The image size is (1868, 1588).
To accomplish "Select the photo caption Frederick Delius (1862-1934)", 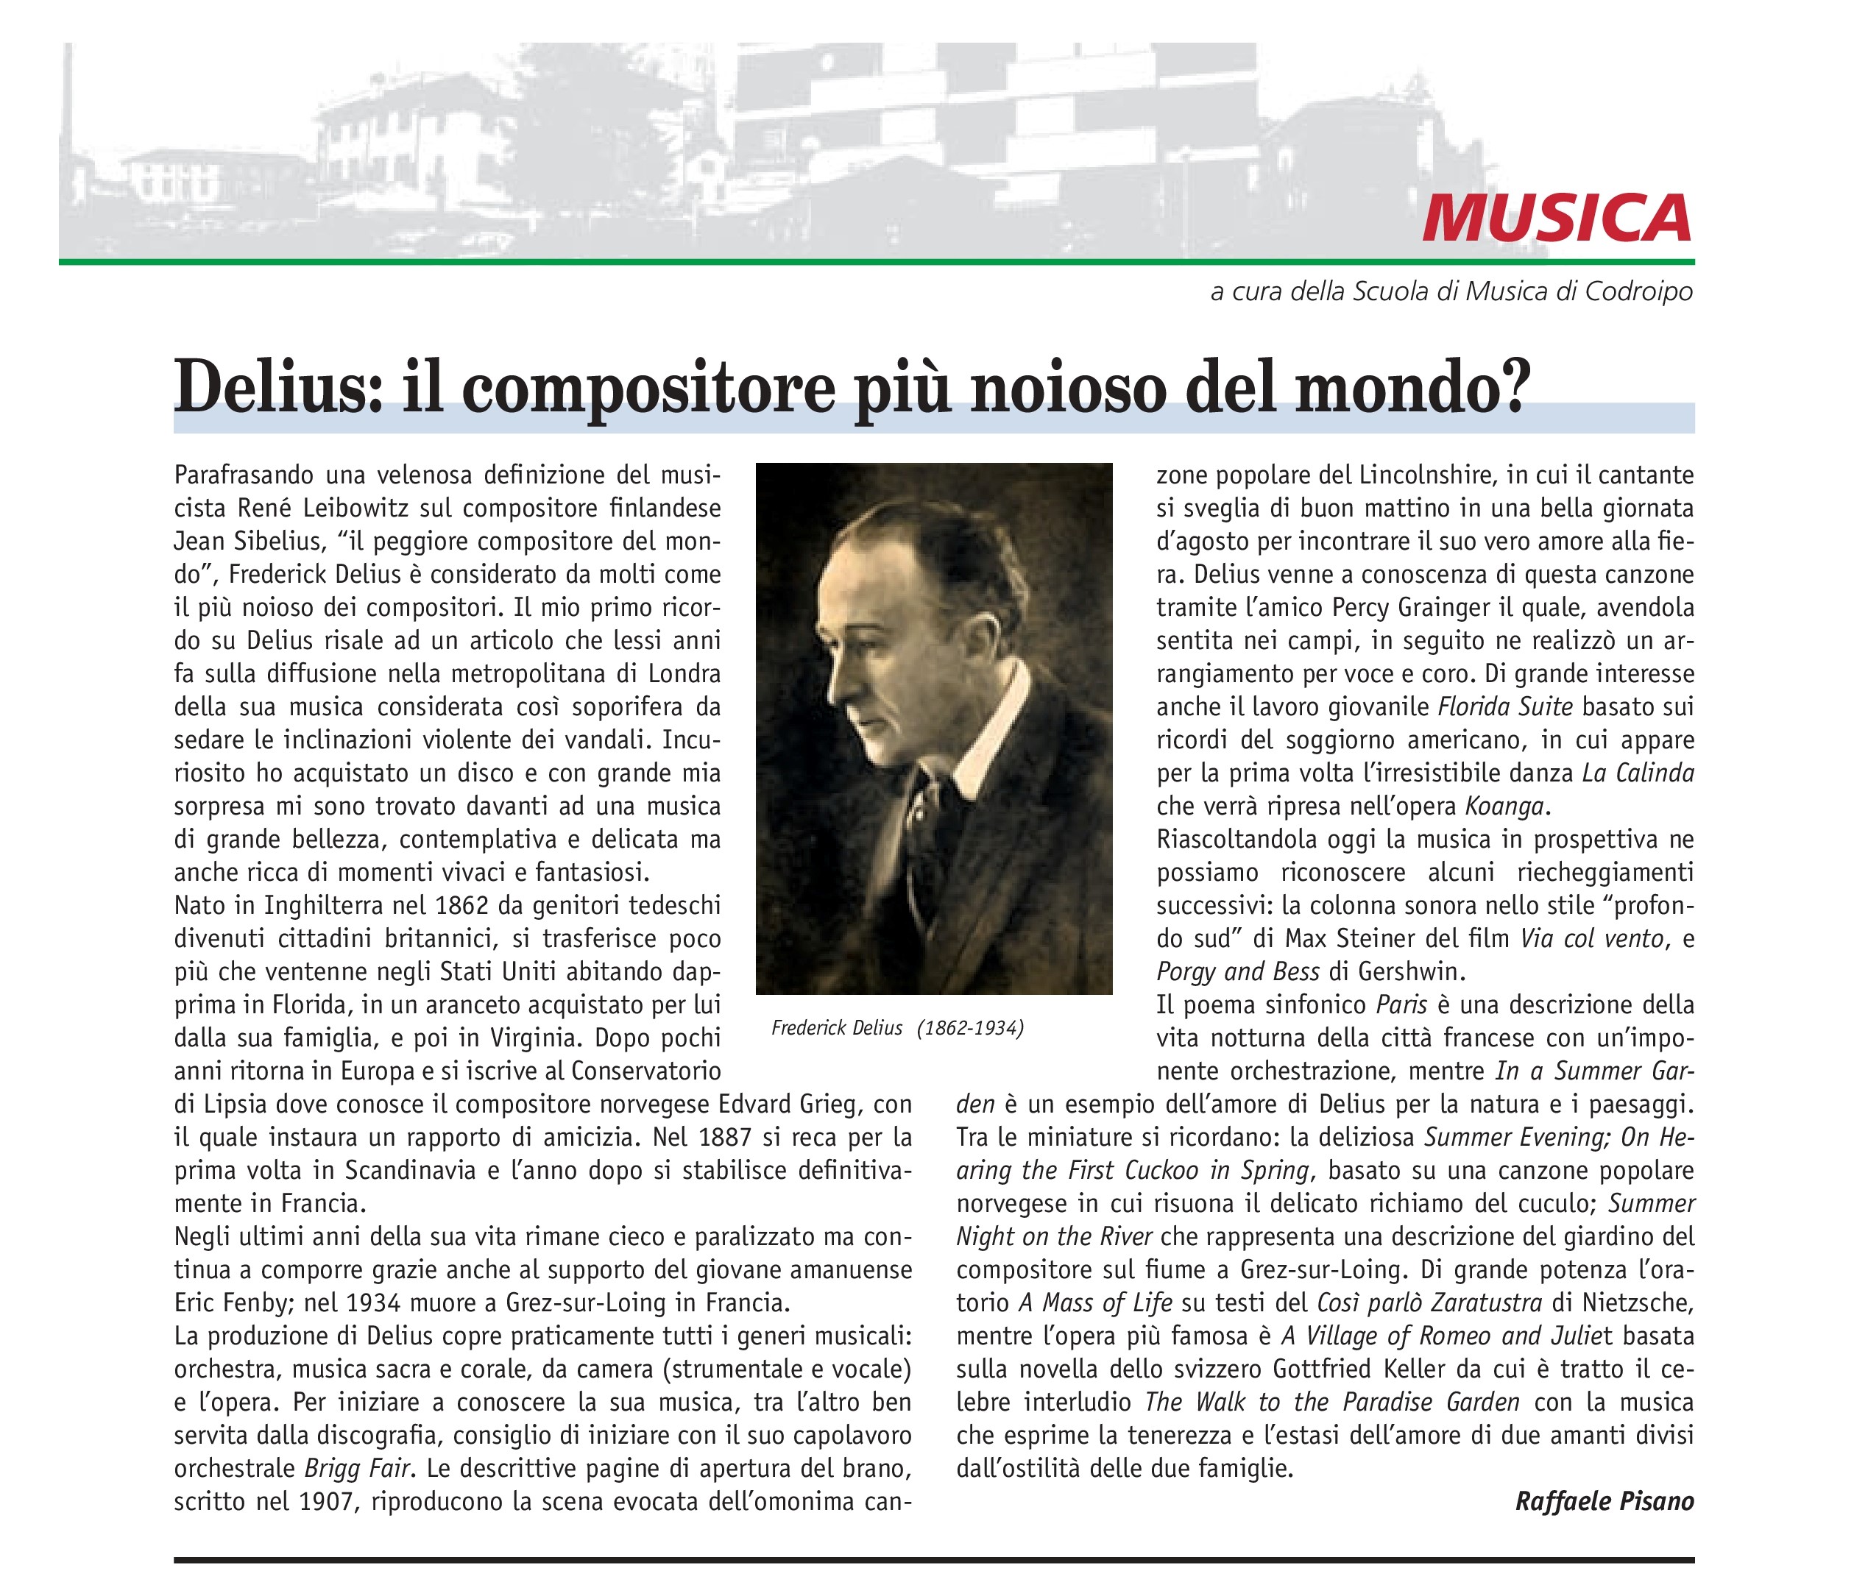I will coord(896,1028).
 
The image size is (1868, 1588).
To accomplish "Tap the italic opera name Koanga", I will coord(1504,806).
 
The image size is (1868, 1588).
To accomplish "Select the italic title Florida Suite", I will coord(1505,706).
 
